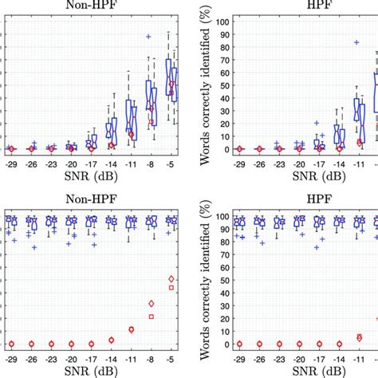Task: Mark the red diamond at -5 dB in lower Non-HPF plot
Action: (171, 278)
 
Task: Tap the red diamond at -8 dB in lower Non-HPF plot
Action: (151, 303)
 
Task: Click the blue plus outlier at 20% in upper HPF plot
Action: (317, 123)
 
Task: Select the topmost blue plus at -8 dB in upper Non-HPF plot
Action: (148, 36)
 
